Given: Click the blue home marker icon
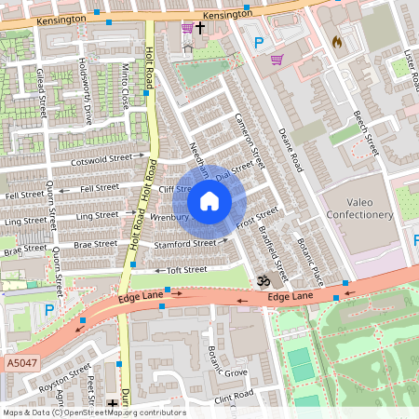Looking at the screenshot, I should click(209, 201).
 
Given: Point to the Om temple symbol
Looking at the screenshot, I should click(262, 279).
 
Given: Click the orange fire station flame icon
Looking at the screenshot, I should click(337, 42).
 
